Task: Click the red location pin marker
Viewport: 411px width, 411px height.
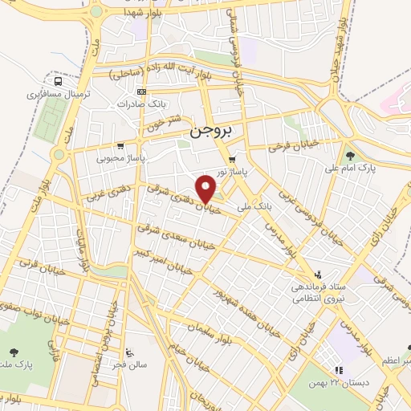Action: coord(206,188)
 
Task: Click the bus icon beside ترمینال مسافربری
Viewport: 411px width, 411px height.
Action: coord(59,81)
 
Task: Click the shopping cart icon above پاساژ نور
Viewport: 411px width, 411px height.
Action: coord(232,159)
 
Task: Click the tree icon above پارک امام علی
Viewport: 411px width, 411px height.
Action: coord(349,155)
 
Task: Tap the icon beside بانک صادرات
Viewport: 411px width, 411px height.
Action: coord(141,91)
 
